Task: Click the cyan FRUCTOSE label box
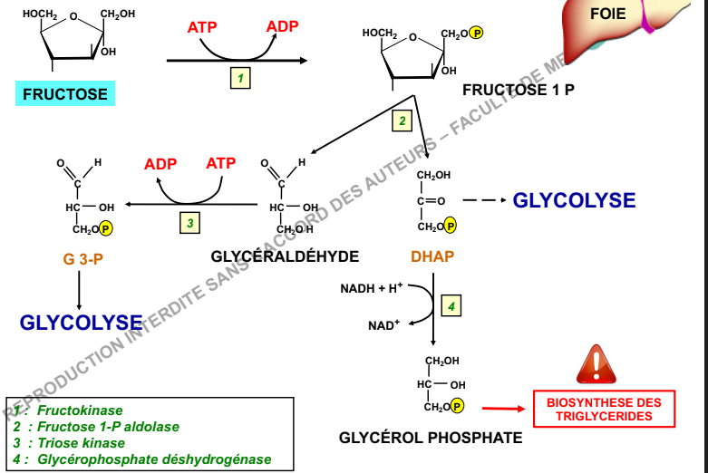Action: [65, 93]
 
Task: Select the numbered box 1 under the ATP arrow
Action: [240, 79]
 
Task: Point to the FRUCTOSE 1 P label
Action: [518, 90]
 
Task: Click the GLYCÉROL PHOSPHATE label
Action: [431, 438]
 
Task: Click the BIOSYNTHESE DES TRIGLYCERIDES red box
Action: [604, 410]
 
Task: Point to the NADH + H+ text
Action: [372, 289]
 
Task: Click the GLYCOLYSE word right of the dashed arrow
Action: [574, 200]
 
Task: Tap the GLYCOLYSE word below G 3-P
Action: [82, 323]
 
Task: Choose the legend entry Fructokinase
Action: [80, 410]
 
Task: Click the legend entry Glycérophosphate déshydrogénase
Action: [154, 459]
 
